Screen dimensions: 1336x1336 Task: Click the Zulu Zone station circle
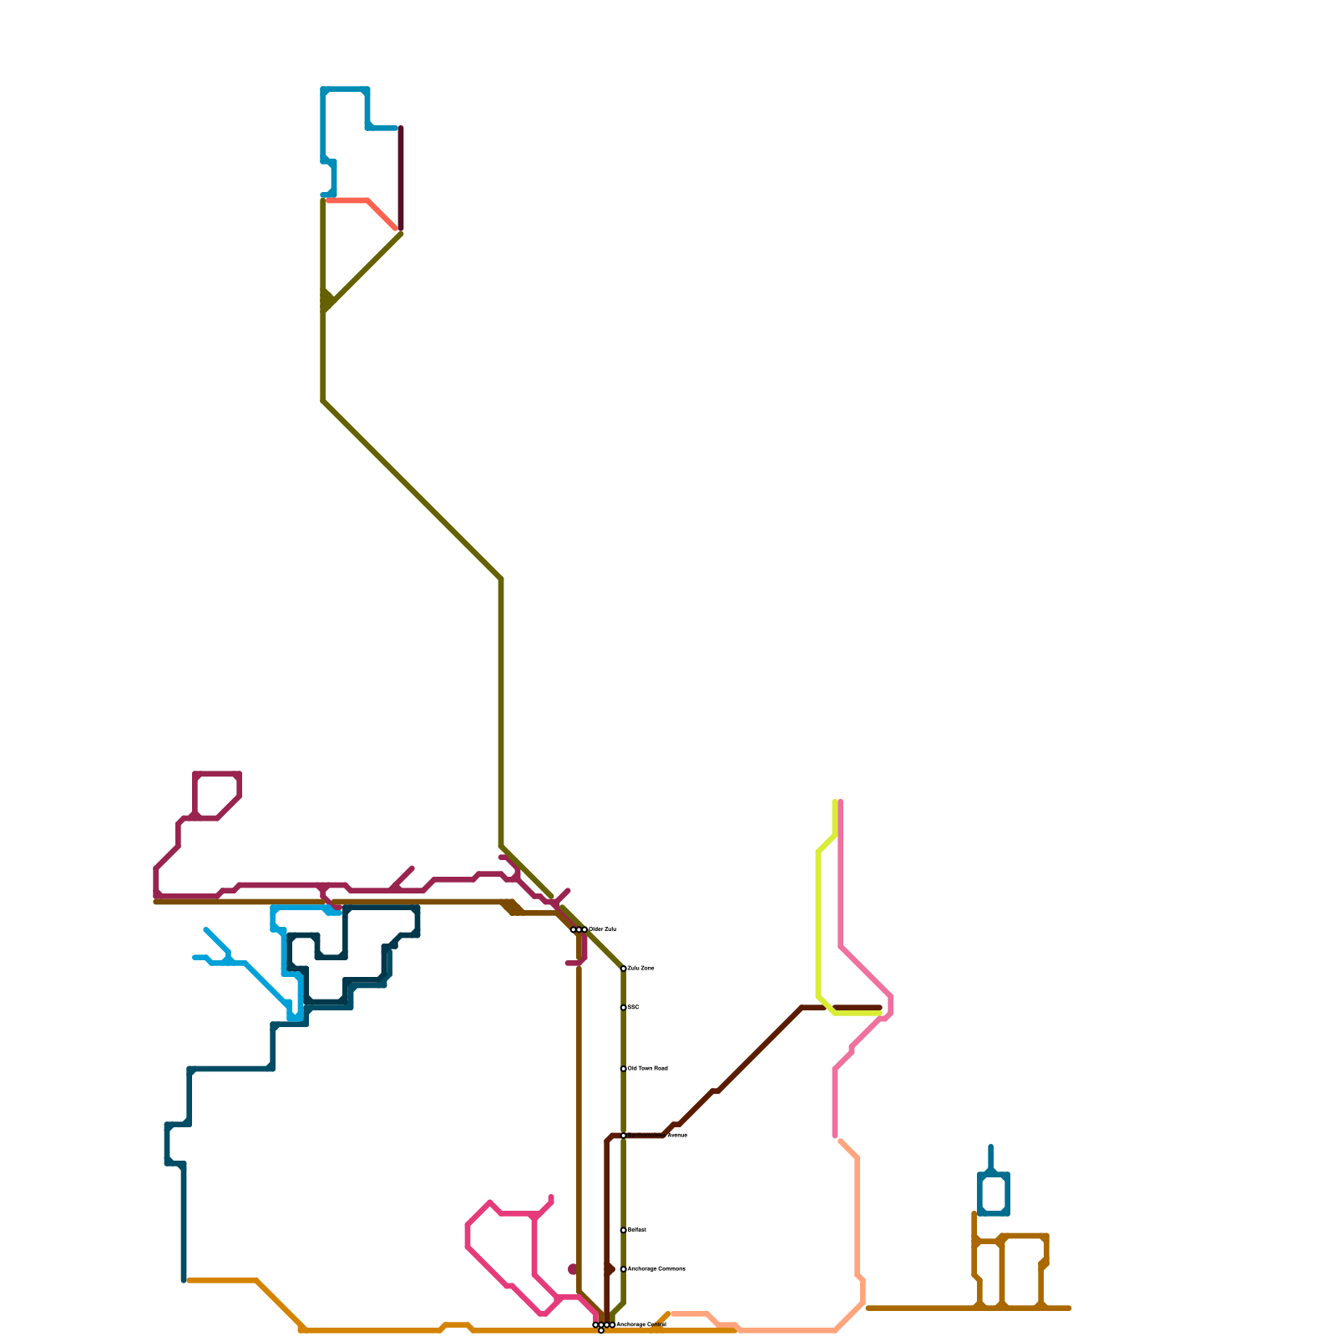(x=624, y=969)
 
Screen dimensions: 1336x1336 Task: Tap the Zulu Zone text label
(x=641, y=969)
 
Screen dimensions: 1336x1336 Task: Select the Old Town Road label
(x=648, y=1069)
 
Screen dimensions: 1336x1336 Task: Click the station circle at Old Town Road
(x=624, y=1069)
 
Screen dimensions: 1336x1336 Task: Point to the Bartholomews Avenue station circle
(x=624, y=1136)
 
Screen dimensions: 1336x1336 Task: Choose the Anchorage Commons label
(x=656, y=1269)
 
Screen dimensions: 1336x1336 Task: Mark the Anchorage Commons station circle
(x=624, y=1269)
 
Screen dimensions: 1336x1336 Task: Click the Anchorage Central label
(x=641, y=1325)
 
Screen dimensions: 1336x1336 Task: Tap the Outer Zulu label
(x=603, y=929)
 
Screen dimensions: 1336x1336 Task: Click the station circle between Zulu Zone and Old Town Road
(x=624, y=1008)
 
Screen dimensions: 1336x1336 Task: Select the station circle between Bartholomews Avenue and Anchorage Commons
(x=624, y=1230)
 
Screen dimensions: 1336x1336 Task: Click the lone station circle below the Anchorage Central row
(x=601, y=1331)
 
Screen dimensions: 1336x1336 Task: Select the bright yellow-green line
(x=818, y=918)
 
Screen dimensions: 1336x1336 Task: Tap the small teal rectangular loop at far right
(x=994, y=1193)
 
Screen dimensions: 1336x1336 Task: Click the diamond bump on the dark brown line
(x=610, y=1269)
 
